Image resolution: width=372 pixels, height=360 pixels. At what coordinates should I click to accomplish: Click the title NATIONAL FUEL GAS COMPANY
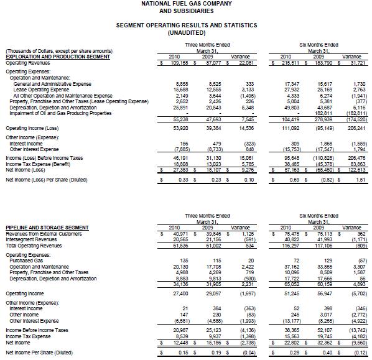click(187, 4)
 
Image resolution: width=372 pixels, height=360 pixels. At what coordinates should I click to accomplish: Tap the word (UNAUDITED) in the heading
click(187, 32)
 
